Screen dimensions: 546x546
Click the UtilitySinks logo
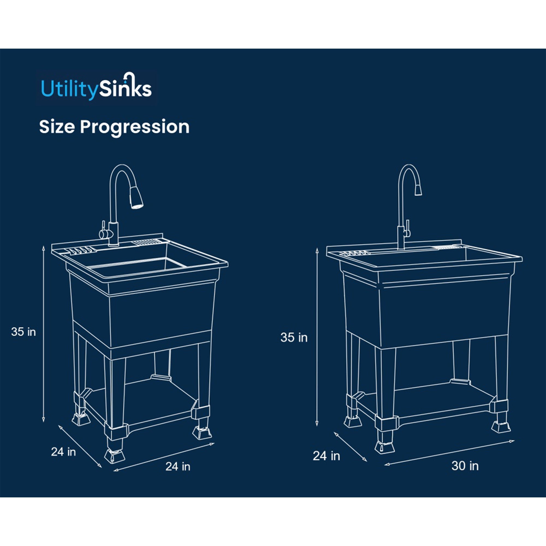96,87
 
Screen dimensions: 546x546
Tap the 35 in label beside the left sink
23,331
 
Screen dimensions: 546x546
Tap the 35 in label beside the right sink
294,337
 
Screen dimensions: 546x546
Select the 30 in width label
465,466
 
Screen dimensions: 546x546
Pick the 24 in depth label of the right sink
326,456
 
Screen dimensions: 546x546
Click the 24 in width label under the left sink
178,466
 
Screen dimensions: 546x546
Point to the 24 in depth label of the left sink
63,452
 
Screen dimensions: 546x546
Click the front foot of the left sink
114,456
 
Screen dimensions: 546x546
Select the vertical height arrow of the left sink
43,334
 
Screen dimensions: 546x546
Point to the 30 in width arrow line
450,452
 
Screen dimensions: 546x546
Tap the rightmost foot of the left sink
202,432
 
